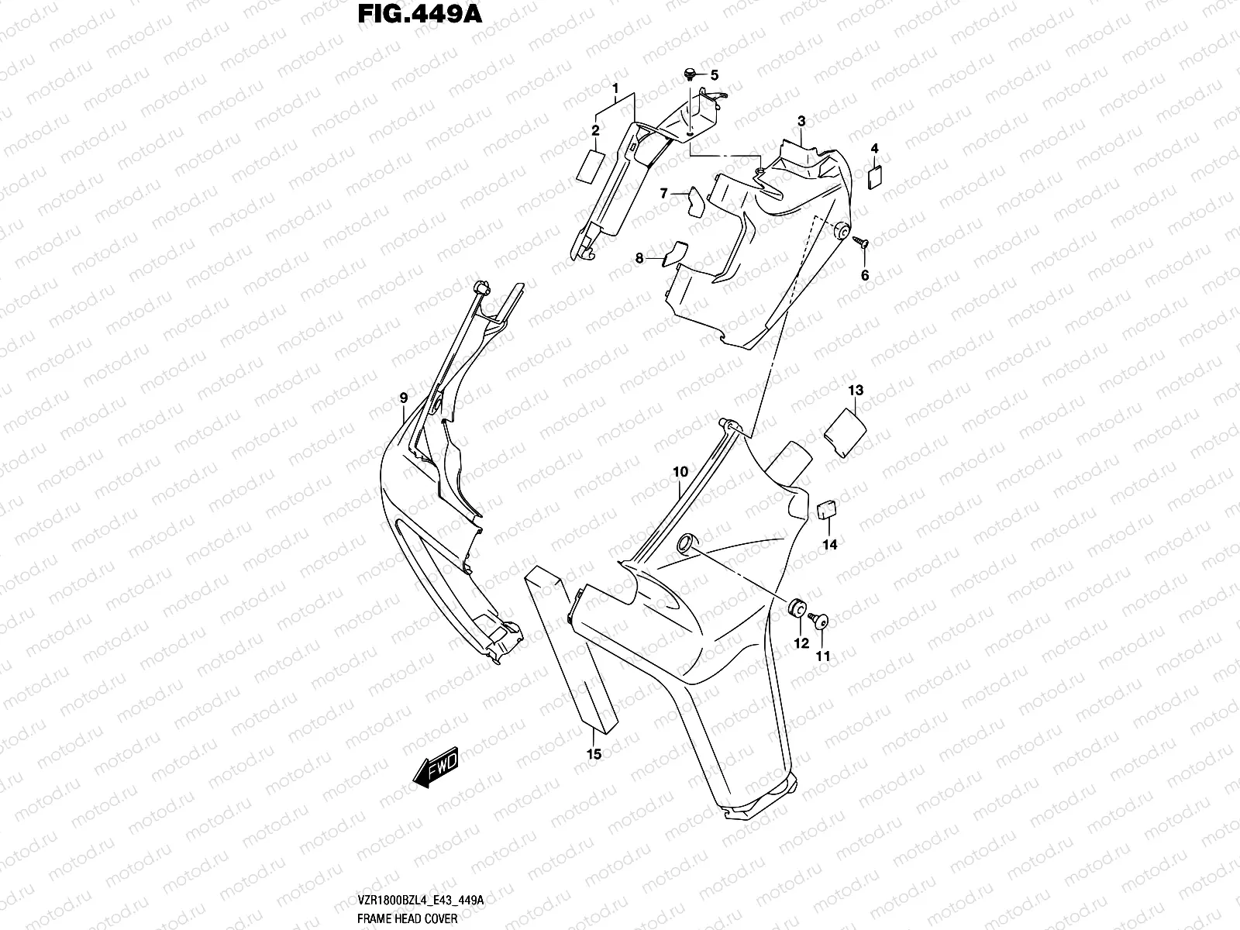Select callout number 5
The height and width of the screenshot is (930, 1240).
coord(715,75)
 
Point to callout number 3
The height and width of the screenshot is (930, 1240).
coord(801,121)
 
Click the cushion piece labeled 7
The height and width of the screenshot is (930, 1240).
coord(694,200)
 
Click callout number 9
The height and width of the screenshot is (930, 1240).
coord(404,398)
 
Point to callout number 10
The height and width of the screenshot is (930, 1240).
coord(680,471)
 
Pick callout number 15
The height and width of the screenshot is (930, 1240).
coord(594,753)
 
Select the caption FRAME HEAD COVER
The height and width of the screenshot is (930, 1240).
coord(408,918)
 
